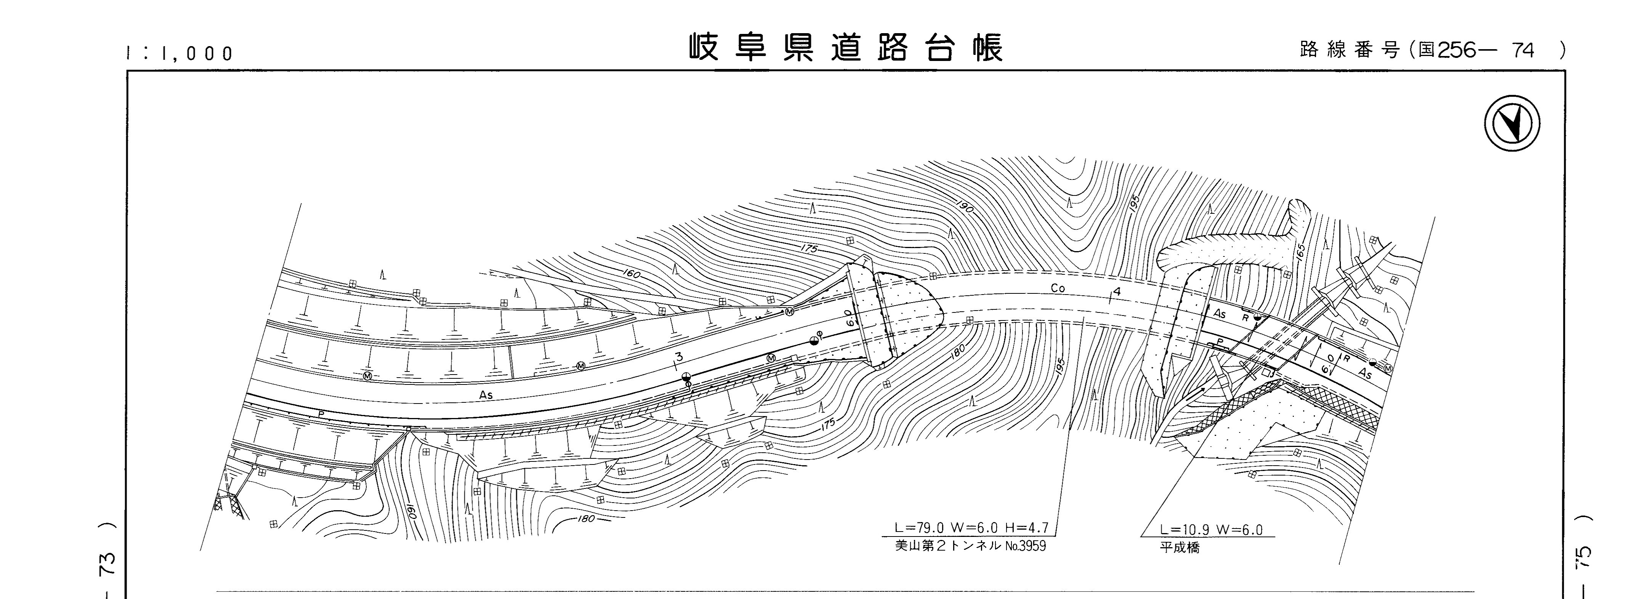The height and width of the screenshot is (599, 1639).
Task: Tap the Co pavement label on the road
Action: point(1058,288)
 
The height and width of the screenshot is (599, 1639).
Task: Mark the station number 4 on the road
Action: point(1117,292)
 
